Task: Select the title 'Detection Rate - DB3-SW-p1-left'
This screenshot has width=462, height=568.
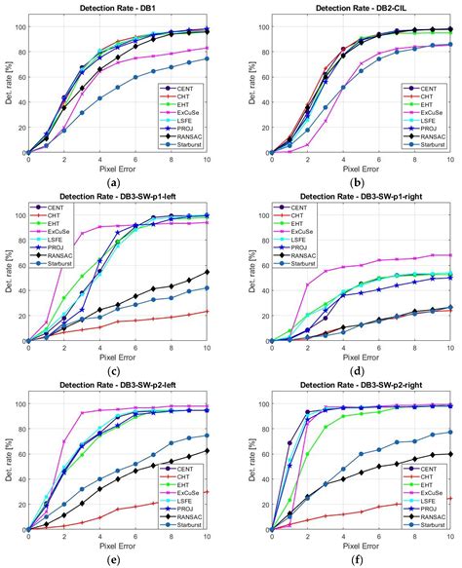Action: pyautogui.click(x=117, y=198)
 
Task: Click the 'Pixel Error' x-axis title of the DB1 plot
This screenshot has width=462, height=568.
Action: pyautogui.click(x=117, y=167)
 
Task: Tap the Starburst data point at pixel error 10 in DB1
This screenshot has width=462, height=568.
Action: pyautogui.click(x=207, y=58)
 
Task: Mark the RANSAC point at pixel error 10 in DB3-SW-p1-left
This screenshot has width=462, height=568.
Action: pyautogui.click(x=207, y=272)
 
